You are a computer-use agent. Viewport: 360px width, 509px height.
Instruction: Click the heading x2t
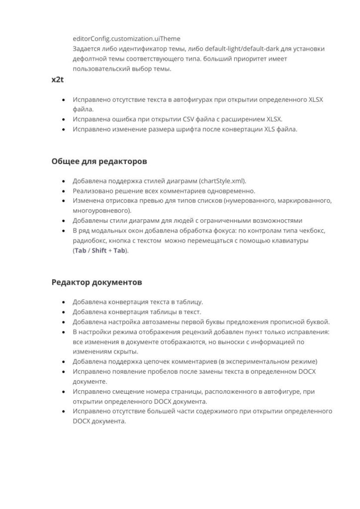(x=58, y=80)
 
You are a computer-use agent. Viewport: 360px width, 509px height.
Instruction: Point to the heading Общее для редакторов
(x=98, y=162)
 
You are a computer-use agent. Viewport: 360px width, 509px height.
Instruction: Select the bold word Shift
(x=99, y=251)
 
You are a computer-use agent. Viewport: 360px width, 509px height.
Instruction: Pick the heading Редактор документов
(x=96, y=282)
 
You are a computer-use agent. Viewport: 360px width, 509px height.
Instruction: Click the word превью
(x=147, y=201)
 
